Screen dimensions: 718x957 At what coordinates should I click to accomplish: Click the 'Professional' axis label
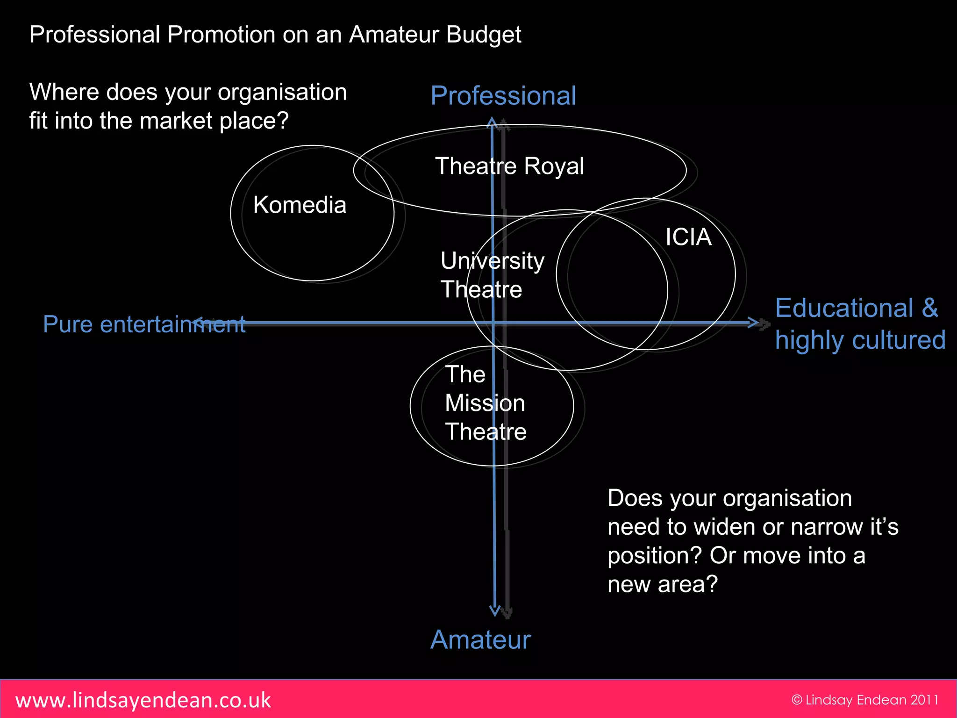pyautogui.click(x=503, y=96)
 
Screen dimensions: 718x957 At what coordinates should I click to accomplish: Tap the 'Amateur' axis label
pyautogui.click(x=480, y=639)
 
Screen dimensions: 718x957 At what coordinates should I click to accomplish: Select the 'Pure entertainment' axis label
pyautogui.click(x=144, y=324)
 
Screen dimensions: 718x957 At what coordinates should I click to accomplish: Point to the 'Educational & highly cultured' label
pyautogui.click(x=860, y=323)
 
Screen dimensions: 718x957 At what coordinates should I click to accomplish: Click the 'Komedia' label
pyautogui.click(x=300, y=205)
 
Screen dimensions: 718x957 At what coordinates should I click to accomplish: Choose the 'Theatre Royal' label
pyautogui.click(x=509, y=166)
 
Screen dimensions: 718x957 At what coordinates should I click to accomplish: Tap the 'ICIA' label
pyautogui.click(x=688, y=237)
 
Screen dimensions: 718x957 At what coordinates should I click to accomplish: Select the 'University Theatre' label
pyautogui.click(x=492, y=275)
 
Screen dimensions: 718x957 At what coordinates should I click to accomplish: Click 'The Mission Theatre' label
pyautogui.click(x=486, y=403)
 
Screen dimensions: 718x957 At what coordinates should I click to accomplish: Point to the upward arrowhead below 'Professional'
pyautogui.click(x=492, y=122)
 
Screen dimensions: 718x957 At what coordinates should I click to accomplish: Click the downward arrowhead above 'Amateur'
pyautogui.click(x=495, y=610)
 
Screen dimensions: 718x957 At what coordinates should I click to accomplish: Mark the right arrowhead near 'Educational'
pyautogui.click(x=753, y=323)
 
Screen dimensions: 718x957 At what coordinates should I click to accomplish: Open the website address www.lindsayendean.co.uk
pyautogui.click(x=143, y=700)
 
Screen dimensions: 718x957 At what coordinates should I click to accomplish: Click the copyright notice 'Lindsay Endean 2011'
pyautogui.click(x=865, y=700)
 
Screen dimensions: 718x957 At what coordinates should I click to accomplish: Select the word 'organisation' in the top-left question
pyautogui.click(x=282, y=92)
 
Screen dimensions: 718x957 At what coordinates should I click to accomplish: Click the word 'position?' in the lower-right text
pyautogui.click(x=655, y=555)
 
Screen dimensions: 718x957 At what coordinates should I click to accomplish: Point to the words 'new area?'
pyautogui.click(x=662, y=584)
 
